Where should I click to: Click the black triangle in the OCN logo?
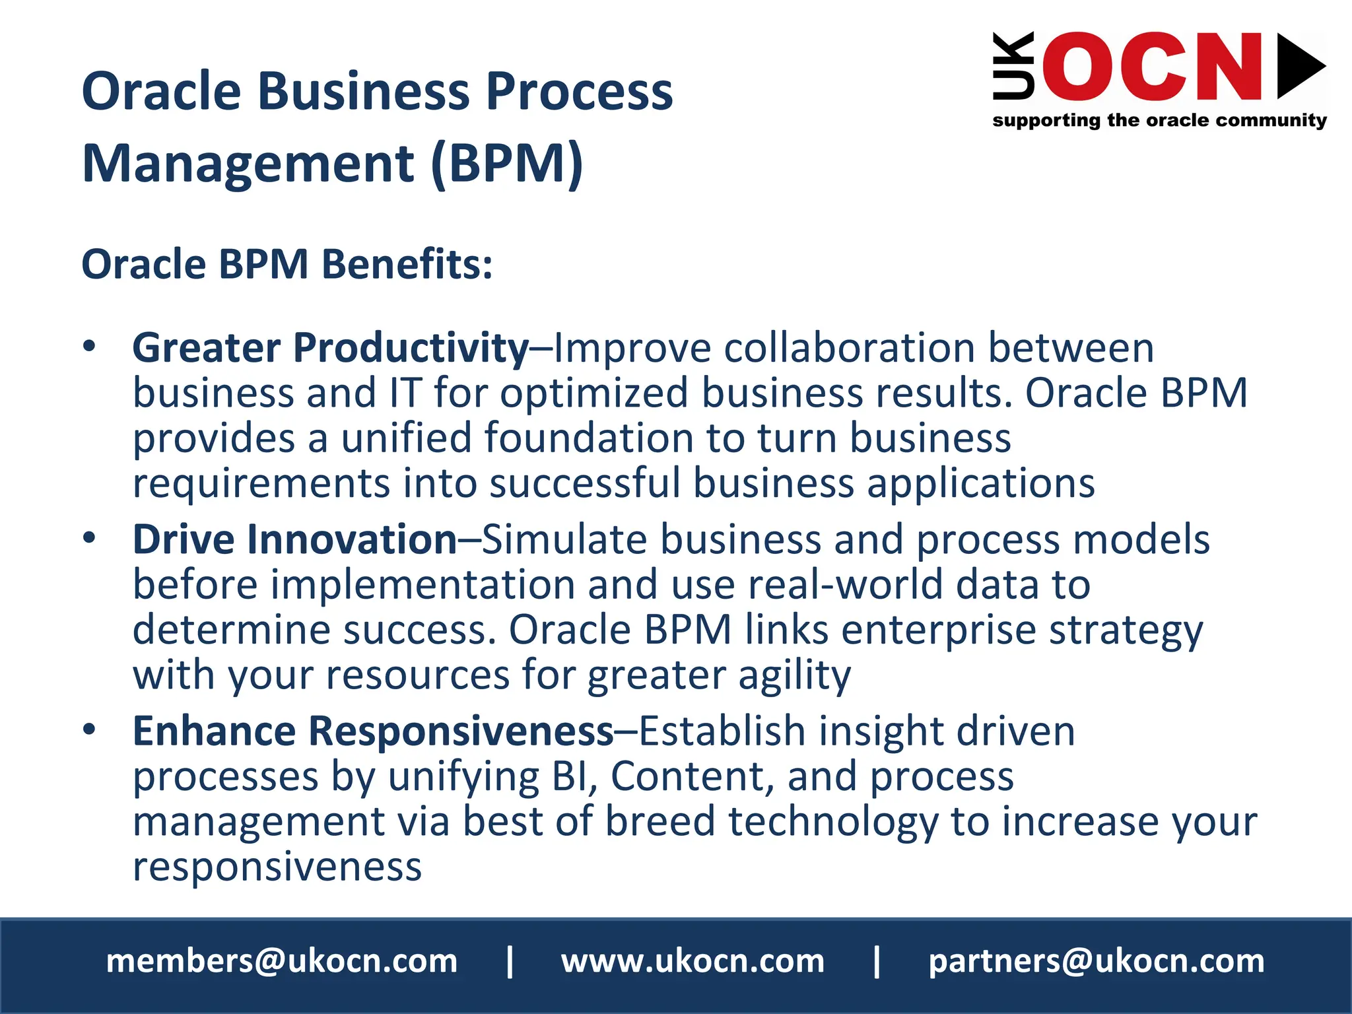(x=1298, y=66)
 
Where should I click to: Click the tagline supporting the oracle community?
(x=1159, y=120)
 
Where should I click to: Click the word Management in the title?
(x=248, y=164)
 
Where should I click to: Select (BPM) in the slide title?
(x=507, y=164)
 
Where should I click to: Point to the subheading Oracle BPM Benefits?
(x=287, y=264)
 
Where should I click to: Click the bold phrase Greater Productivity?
(x=330, y=348)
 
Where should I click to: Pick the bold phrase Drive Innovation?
(x=294, y=539)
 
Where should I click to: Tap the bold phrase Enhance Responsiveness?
(x=373, y=731)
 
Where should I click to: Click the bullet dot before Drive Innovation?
(x=90, y=538)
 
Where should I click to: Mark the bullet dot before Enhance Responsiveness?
(x=90, y=729)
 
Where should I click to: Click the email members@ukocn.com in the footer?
(x=282, y=961)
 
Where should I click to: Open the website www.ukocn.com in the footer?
(x=693, y=961)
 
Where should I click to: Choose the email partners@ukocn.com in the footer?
(x=1097, y=961)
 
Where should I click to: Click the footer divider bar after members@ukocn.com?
(x=510, y=961)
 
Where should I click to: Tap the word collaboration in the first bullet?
(x=849, y=348)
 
